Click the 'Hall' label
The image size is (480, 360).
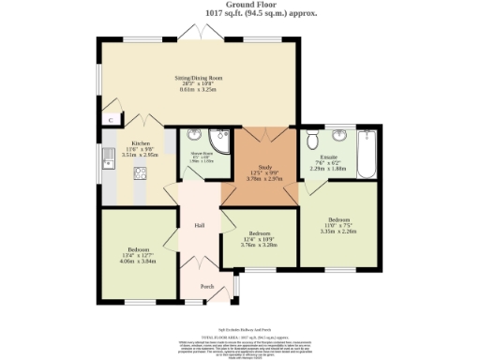click(200, 226)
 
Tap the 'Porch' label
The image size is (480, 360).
click(207, 286)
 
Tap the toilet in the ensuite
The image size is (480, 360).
click(312, 141)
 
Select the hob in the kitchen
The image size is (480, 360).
click(140, 172)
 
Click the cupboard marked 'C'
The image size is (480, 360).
click(110, 120)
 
